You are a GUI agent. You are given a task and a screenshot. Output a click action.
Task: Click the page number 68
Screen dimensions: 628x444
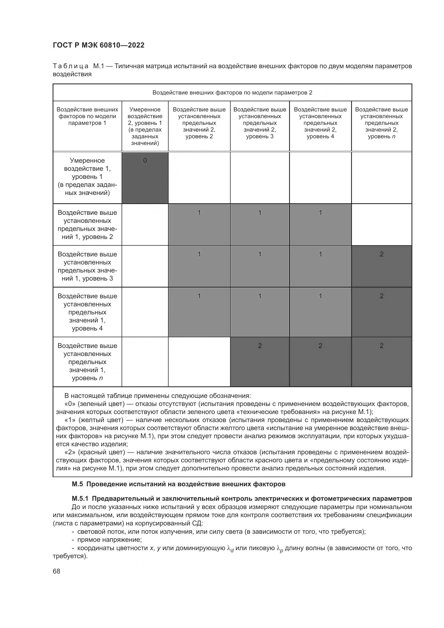pos(57,571)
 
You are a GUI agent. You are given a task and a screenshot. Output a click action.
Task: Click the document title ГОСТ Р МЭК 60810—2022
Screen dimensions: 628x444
pos(99,45)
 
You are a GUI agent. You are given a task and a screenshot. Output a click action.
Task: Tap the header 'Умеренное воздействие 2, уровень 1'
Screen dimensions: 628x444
pos(145,126)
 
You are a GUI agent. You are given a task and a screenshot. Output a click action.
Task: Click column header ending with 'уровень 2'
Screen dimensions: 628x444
pos(199,123)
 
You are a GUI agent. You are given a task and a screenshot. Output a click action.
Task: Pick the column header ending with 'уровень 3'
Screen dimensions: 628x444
pos(260,123)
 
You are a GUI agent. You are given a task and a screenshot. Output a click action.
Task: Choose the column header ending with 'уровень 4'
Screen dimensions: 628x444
pos(320,123)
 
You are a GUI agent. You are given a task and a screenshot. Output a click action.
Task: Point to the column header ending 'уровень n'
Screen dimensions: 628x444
pos(381,123)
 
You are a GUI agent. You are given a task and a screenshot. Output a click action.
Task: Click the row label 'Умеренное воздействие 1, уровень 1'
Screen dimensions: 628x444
pos(87,176)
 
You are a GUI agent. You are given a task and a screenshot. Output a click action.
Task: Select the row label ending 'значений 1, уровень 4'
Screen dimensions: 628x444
pos(87,312)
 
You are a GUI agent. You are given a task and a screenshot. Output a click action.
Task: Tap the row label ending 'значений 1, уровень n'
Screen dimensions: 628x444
pos(87,362)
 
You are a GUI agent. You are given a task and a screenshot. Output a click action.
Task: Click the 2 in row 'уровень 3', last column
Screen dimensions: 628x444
pos(381,254)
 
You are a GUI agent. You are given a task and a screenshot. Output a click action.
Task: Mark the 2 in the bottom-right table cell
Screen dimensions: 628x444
pos(381,346)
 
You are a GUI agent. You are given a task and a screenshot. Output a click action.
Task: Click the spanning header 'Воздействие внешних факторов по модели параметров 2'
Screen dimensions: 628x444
pos(232,92)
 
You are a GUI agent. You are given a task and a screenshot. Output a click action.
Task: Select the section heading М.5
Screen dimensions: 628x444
pos(179,484)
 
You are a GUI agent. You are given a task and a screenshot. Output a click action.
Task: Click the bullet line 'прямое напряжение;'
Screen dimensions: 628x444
pos(109,540)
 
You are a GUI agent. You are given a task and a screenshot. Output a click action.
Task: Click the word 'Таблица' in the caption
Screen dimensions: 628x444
pos(71,66)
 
